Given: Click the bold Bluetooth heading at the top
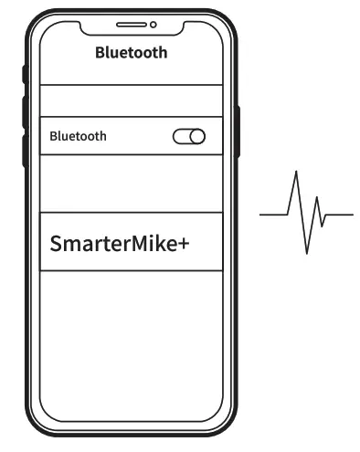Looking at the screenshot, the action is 131,53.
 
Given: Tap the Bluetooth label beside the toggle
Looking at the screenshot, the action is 78,136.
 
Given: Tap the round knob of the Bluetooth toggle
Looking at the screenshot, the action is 197,137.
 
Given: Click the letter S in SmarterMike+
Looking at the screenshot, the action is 57,247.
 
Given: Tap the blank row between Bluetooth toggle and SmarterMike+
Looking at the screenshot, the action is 131,184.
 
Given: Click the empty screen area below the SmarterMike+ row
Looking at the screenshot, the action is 131,338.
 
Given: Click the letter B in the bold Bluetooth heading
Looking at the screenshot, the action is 101,53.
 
